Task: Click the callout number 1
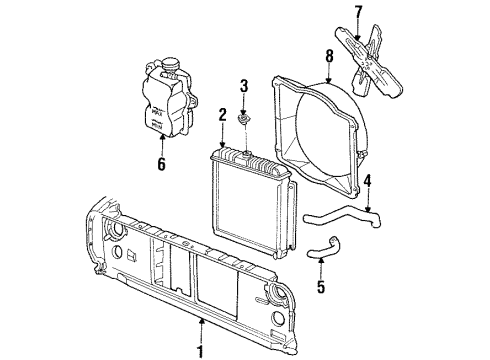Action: [201, 352]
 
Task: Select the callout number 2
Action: [222, 116]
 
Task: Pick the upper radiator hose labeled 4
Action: [340, 212]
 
